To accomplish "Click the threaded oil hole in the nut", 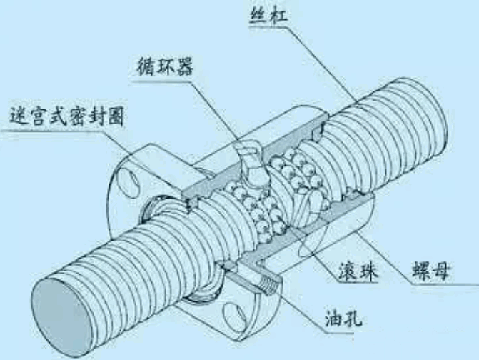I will click(x=268, y=284).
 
